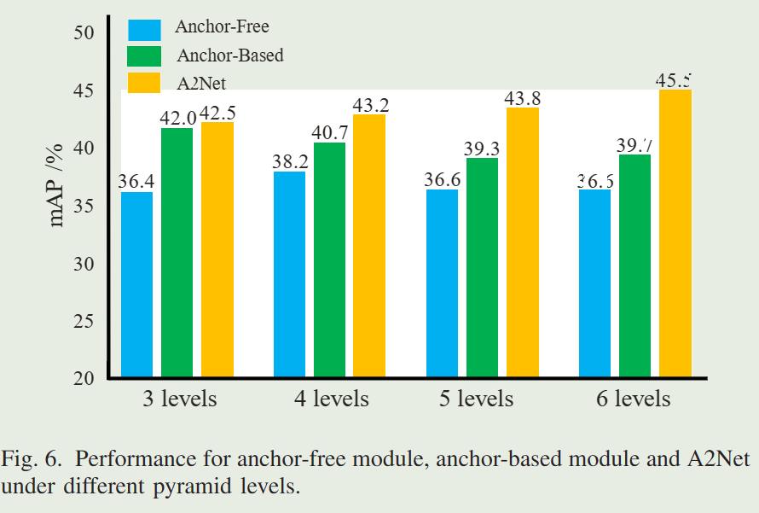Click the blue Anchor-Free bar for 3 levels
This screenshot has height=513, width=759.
[x=136, y=284]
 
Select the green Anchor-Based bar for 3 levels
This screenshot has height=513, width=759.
[x=177, y=252]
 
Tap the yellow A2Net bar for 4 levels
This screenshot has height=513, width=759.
[x=369, y=245]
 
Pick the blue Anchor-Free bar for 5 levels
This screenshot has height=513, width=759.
[x=442, y=283]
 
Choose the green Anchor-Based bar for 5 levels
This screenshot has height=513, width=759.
[x=482, y=267]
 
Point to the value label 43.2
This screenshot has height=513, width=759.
[x=370, y=106]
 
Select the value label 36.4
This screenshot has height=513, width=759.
[x=136, y=183]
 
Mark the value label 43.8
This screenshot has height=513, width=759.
[x=523, y=98]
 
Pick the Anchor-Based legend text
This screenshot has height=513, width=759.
[x=230, y=55]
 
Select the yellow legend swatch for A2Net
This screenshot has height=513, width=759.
[x=144, y=82]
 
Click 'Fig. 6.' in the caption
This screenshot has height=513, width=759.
[x=31, y=458]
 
